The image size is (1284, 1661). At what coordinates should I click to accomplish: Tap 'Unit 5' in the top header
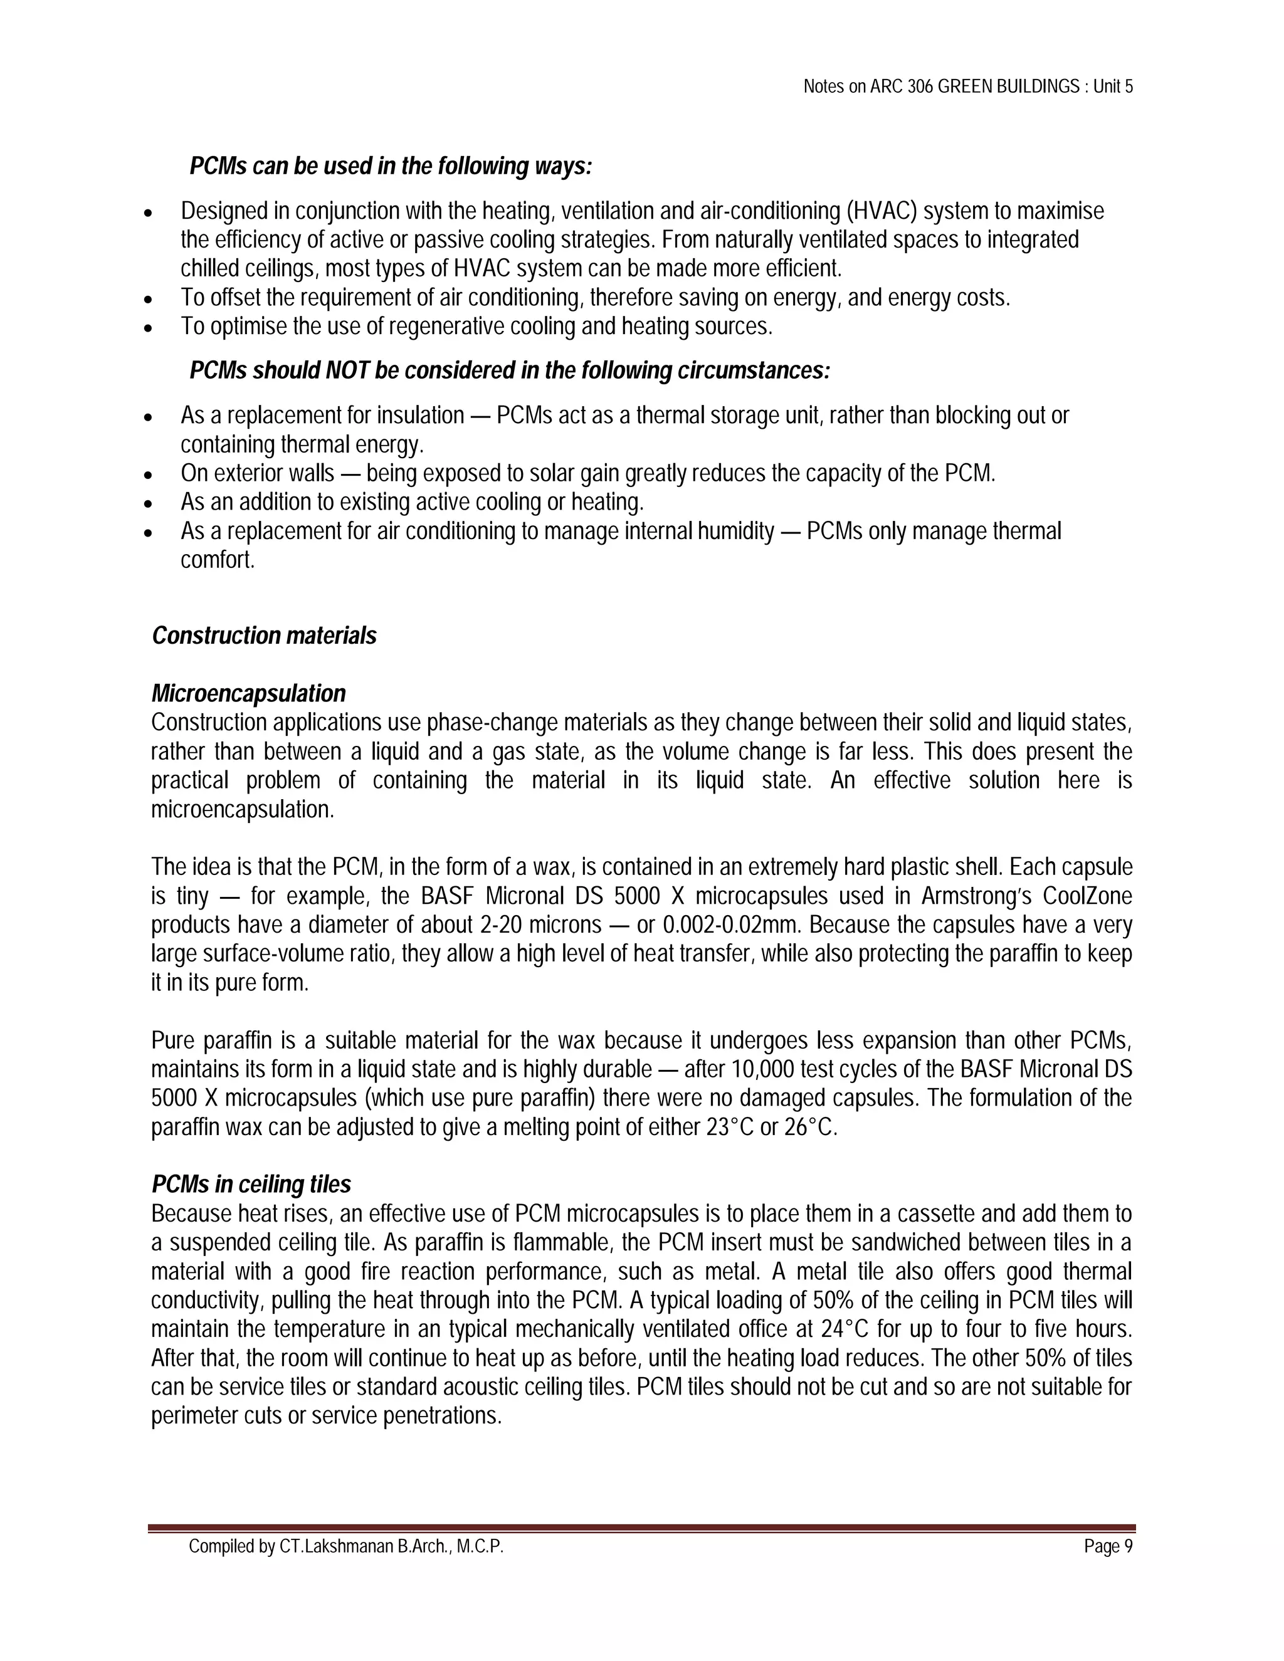coord(1113,86)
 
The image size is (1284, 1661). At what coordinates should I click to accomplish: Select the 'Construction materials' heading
coord(264,636)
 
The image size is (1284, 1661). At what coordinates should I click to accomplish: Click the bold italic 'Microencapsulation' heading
coord(248,694)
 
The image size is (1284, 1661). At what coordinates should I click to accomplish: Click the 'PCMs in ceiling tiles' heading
coord(251,1185)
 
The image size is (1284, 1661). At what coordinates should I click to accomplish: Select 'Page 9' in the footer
coord(1108,1547)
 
